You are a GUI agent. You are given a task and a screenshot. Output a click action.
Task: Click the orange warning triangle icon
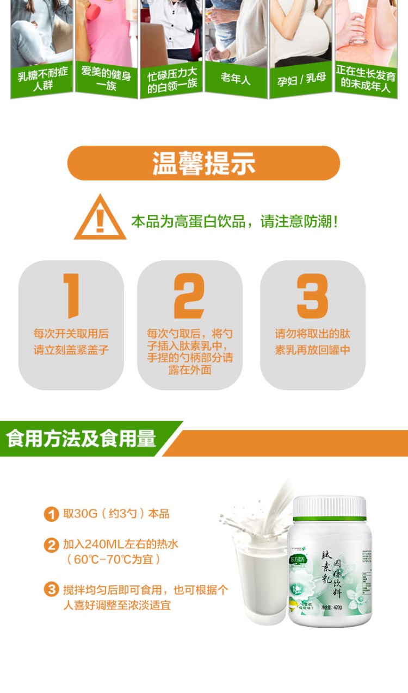(x=100, y=218)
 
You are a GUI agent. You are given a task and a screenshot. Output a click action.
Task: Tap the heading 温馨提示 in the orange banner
(x=203, y=163)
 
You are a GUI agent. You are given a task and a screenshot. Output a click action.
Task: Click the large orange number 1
(x=71, y=295)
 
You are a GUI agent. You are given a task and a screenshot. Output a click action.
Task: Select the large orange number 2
(x=189, y=295)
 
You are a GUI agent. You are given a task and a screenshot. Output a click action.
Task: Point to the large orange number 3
(x=312, y=295)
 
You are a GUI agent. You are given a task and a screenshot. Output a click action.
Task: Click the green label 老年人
(x=236, y=79)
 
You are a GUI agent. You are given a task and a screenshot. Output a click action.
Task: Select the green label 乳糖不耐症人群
(x=42, y=80)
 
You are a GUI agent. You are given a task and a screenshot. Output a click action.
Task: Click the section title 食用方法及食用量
(x=82, y=439)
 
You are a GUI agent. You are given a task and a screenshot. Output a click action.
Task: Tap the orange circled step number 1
(x=51, y=514)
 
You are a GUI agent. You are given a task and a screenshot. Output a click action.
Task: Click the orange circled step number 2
(x=51, y=545)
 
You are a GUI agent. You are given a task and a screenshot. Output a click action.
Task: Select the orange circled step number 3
(x=51, y=590)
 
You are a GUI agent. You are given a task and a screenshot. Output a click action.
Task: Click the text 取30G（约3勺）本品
(x=116, y=514)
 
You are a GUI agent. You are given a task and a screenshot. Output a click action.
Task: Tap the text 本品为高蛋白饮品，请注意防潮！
(x=234, y=222)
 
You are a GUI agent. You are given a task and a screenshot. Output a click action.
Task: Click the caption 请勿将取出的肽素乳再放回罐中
(x=312, y=342)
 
